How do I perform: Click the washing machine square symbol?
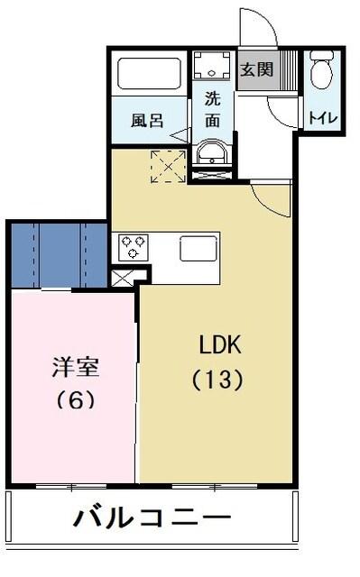(x=213, y=66)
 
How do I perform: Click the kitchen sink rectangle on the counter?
(x=199, y=248)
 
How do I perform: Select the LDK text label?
(x=220, y=345)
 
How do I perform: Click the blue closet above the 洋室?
(x=59, y=254)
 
